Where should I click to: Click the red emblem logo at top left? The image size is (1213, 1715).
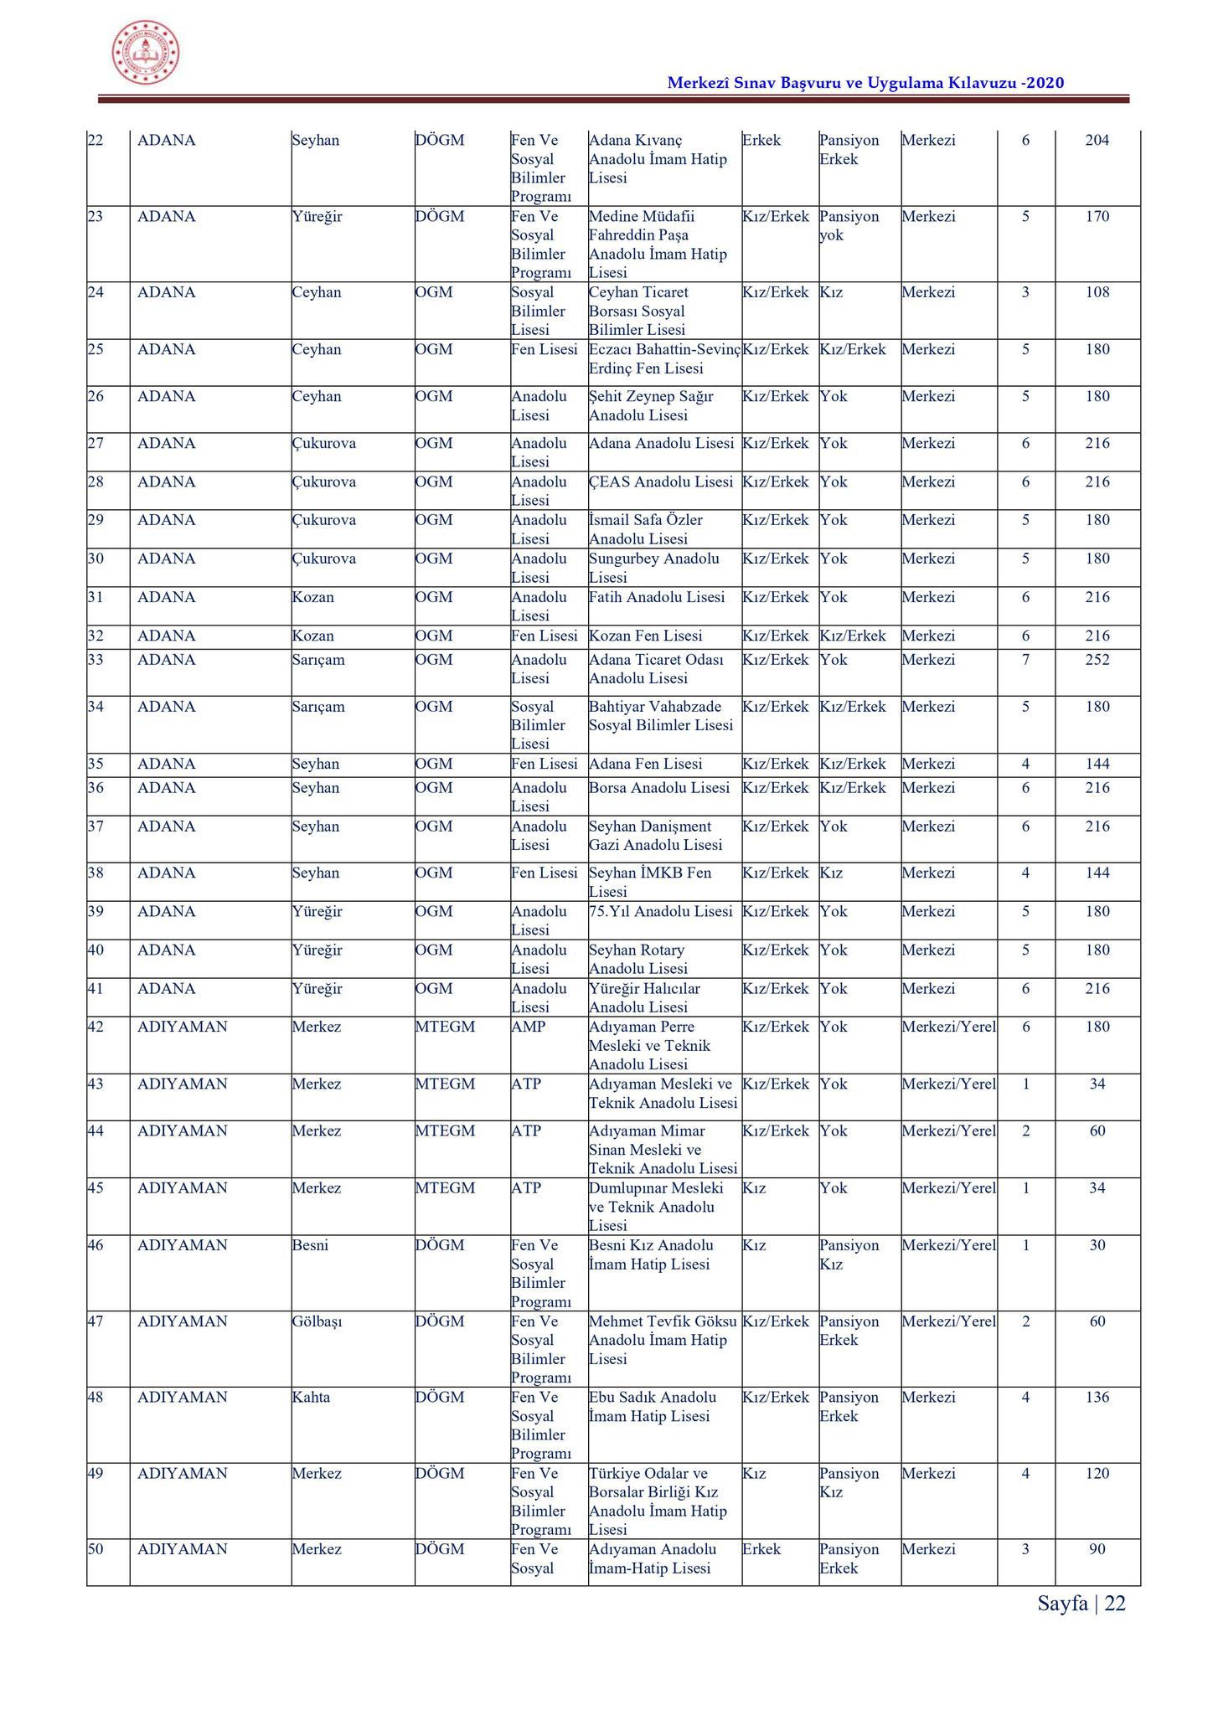click(x=146, y=52)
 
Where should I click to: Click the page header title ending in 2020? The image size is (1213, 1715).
click(x=865, y=83)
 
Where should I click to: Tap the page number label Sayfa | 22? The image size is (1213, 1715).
click(x=1081, y=1603)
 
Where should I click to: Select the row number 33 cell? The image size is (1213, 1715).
click(x=95, y=660)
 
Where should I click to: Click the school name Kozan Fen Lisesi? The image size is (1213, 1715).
click(x=645, y=636)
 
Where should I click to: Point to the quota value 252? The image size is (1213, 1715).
click(x=1097, y=660)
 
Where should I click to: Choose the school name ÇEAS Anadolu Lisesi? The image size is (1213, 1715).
click(x=660, y=482)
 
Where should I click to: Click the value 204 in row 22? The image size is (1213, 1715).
click(x=1097, y=141)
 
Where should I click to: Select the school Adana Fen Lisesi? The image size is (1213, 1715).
click(x=645, y=764)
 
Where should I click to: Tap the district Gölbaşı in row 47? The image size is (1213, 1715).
click(x=317, y=1321)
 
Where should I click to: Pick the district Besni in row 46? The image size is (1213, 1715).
click(x=310, y=1245)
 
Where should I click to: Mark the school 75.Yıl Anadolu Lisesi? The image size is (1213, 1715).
click(x=660, y=911)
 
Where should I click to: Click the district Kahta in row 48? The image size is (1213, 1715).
click(x=311, y=1397)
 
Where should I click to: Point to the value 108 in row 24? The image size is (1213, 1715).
click(x=1097, y=292)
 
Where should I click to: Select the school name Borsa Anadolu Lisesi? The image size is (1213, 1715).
click(x=658, y=788)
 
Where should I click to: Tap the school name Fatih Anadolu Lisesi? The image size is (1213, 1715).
click(x=656, y=597)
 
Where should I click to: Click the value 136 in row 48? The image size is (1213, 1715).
click(x=1097, y=1397)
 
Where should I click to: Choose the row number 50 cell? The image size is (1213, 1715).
click(x=95, y=1549)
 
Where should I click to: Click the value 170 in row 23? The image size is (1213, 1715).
click(x=1097, y=217)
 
